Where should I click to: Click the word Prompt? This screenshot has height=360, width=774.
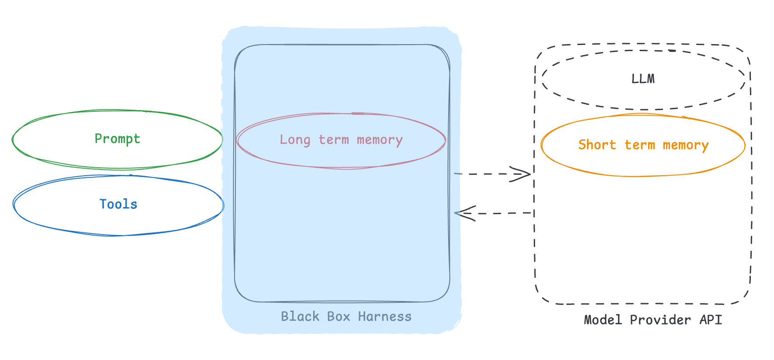(117, 139)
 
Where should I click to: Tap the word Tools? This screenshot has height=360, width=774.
(118, 204)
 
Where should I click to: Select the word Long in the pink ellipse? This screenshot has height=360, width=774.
(295, 140)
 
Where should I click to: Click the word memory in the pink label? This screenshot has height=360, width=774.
(380, 140)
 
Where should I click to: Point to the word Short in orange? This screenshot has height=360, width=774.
(597, 145)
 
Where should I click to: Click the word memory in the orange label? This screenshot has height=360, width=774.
(685, 145)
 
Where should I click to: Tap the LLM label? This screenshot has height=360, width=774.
(643, 79)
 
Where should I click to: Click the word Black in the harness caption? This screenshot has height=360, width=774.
(300, 316)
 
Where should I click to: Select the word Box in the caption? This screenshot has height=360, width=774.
(339, 316)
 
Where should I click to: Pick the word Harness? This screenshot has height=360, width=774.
(384, 316)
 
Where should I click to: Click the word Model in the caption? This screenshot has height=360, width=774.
(603, 320)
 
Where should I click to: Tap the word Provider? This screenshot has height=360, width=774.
(660, 320)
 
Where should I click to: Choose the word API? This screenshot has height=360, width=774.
(711, 320)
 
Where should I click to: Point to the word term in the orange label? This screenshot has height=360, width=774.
(639, 145)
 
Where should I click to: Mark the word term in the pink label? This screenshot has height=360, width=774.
(334, 140)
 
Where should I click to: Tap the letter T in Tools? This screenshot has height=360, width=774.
(103, 204)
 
